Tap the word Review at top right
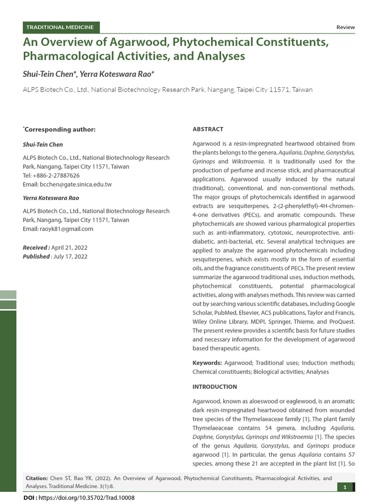(x=345, y=28)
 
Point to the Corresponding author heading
(x=60, y=129)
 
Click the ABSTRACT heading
(x=208, y=129)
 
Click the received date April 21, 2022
(x=69, y=248)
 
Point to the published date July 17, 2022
(x=70, y=256)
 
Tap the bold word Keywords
(x=207, y=363)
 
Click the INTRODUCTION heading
(x=215, y=387)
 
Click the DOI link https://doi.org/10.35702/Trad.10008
(x=86, y=498)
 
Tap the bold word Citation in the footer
(x=36, y=478)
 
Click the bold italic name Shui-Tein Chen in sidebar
(x=43, y=145)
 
